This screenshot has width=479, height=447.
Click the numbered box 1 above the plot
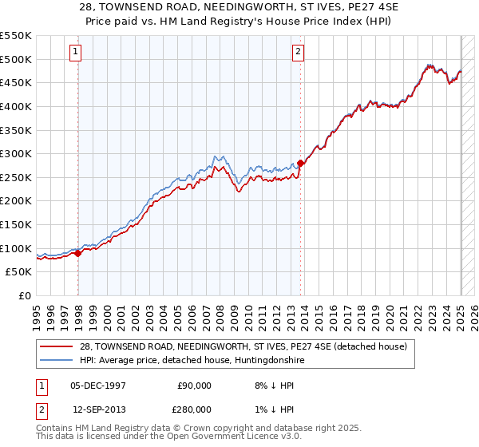pyautogui.click(x=75, y=53)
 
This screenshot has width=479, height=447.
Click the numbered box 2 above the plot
pyautogui.click(x=298, y=53)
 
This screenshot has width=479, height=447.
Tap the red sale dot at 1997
pyautogui.click(x=78, y=253)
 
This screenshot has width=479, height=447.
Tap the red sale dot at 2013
pyautogui.click(x=300, y=163)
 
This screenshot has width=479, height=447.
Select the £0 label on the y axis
pyautogui.click(x=26, y=295)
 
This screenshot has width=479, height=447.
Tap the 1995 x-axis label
pyautogui.click(x=37, y=311)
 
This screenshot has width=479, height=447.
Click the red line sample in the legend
pyautogui.click(x=56, y=346)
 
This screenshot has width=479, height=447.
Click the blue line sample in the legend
pyautogui.click(x=56, y=361)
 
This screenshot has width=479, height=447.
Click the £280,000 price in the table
pyautogui.click(x=194, y=409)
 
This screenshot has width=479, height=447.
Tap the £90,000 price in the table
pyautogui.click(x=194, y=385)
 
